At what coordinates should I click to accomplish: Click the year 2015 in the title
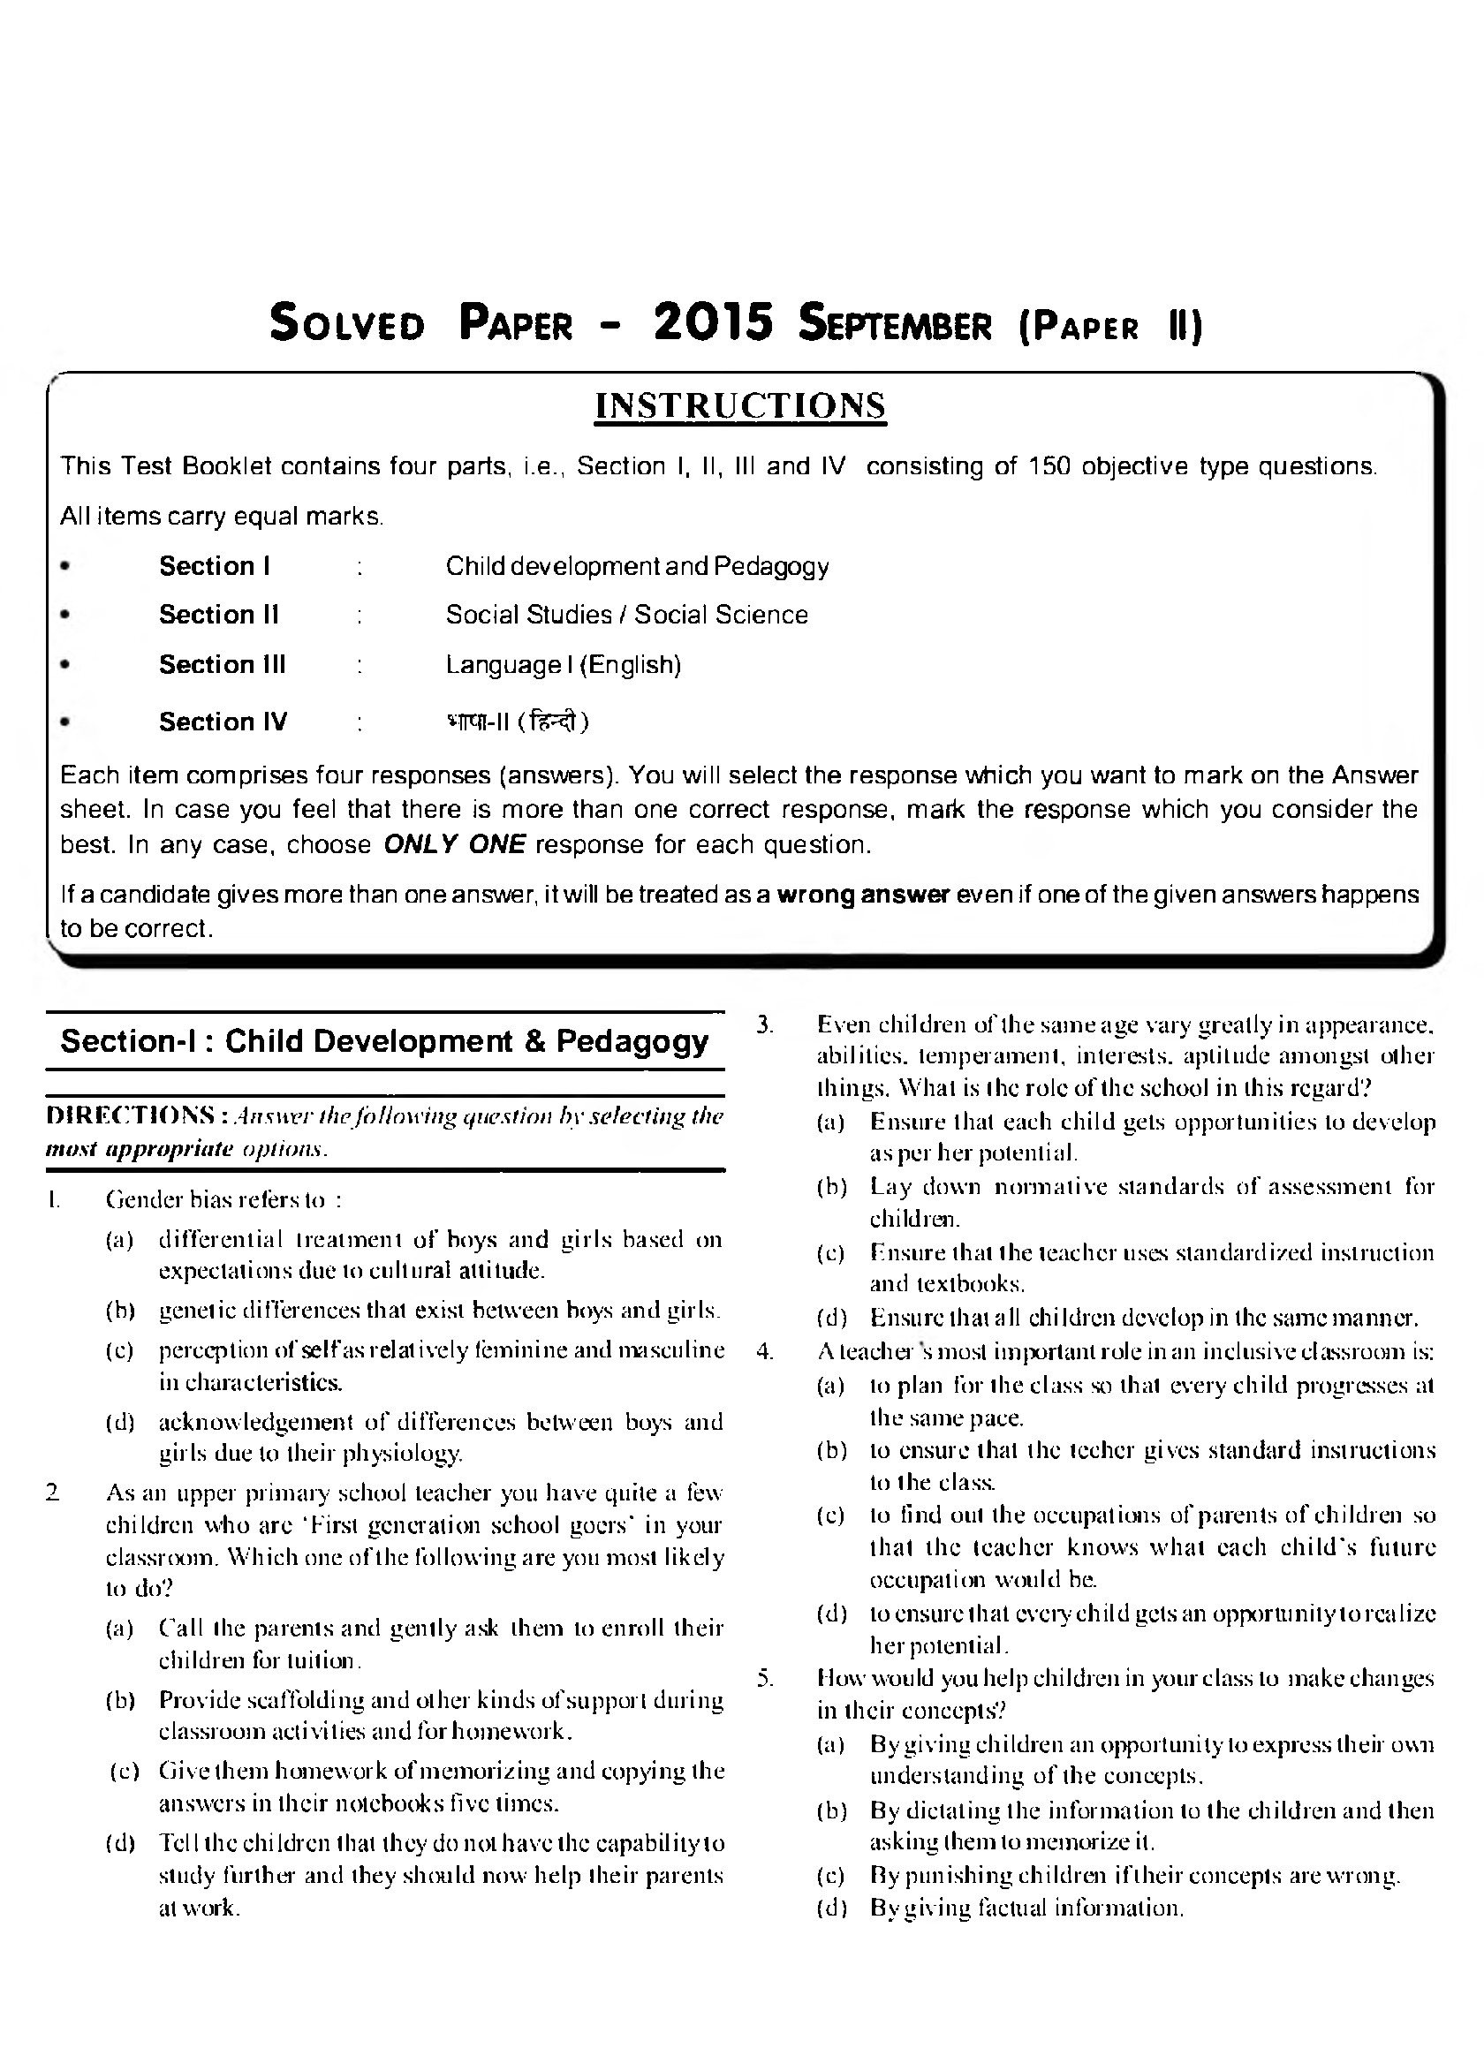(x=713, y=323)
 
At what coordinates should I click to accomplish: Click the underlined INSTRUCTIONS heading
(x=739, y=405)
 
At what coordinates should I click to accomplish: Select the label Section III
(x=222, y=665)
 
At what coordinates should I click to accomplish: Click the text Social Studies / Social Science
(x=626, y=615)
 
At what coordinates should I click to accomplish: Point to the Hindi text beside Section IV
(x=517, y=722)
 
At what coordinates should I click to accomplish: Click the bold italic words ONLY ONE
(x=454, y=844)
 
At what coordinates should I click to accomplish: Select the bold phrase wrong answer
(x=863, y=894)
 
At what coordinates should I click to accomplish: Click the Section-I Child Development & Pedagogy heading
(x=384, y=1041)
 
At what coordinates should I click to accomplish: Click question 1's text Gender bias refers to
(x=223, y=1199)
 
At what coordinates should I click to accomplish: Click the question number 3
(x=765, y=1024)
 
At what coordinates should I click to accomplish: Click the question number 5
(x=765, y=1677)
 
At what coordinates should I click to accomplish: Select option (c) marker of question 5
(x=830, y=1876)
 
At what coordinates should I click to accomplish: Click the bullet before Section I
(x=64, y=566)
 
